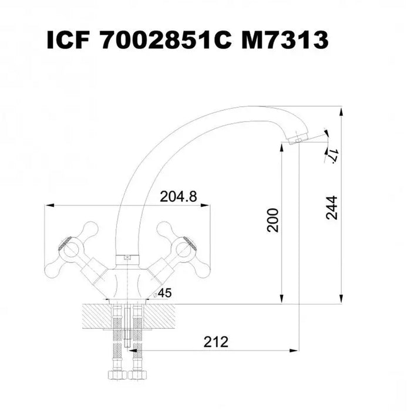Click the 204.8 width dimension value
tap(178, 196)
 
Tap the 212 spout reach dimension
tap(215, 342)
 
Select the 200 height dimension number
tap(272, 220)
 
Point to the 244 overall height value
tap(332, 207)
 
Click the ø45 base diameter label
tap(163, 293)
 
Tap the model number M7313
tap(285, 40)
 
